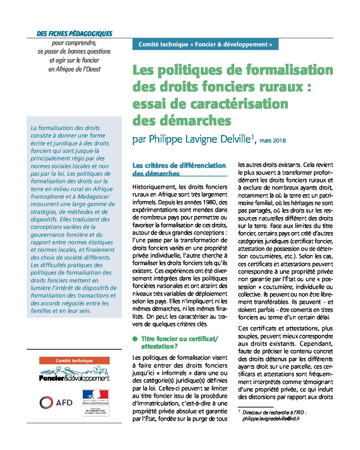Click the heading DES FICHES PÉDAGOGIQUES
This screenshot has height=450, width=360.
point(74,34)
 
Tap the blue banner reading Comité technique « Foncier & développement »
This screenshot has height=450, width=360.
point(205,44)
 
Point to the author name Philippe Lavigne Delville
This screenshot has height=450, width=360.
point(199,139)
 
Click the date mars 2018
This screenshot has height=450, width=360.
point(272,140)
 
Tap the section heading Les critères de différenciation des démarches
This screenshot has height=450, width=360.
point(179,169)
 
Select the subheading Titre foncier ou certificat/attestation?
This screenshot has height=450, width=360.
point(179,342)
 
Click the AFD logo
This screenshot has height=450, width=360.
point(56,402)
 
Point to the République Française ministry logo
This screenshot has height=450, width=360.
point(95,402)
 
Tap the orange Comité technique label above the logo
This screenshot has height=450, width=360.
point(74,361)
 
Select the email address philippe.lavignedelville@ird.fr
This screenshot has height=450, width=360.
point(271,419)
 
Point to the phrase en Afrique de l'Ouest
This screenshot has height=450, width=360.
point(74,69)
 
